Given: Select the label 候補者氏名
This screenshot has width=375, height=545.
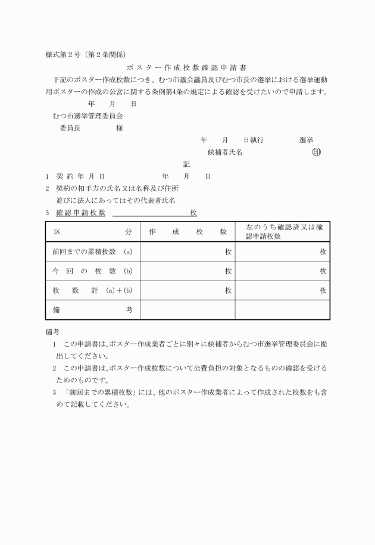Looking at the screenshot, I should pos(224,152).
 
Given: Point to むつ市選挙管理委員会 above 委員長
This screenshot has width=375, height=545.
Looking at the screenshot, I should pos(87,116).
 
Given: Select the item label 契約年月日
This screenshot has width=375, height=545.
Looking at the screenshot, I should pos(80,176).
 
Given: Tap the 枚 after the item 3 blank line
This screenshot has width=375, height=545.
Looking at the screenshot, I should pos(193,213).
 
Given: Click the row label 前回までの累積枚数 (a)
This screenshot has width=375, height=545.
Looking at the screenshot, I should pos(92,252).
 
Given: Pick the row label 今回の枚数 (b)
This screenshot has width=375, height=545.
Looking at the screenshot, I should pos(92,271).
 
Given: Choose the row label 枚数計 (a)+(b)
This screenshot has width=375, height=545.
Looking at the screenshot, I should pos(92,291).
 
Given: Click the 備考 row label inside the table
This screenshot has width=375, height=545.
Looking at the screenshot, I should pos(92,310).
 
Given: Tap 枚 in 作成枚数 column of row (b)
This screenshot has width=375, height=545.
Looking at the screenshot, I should pos(228,271).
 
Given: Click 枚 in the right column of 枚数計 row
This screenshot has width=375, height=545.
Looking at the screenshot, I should pos(323,291).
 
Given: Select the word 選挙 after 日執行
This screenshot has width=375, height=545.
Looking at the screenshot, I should pos(307,140).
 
